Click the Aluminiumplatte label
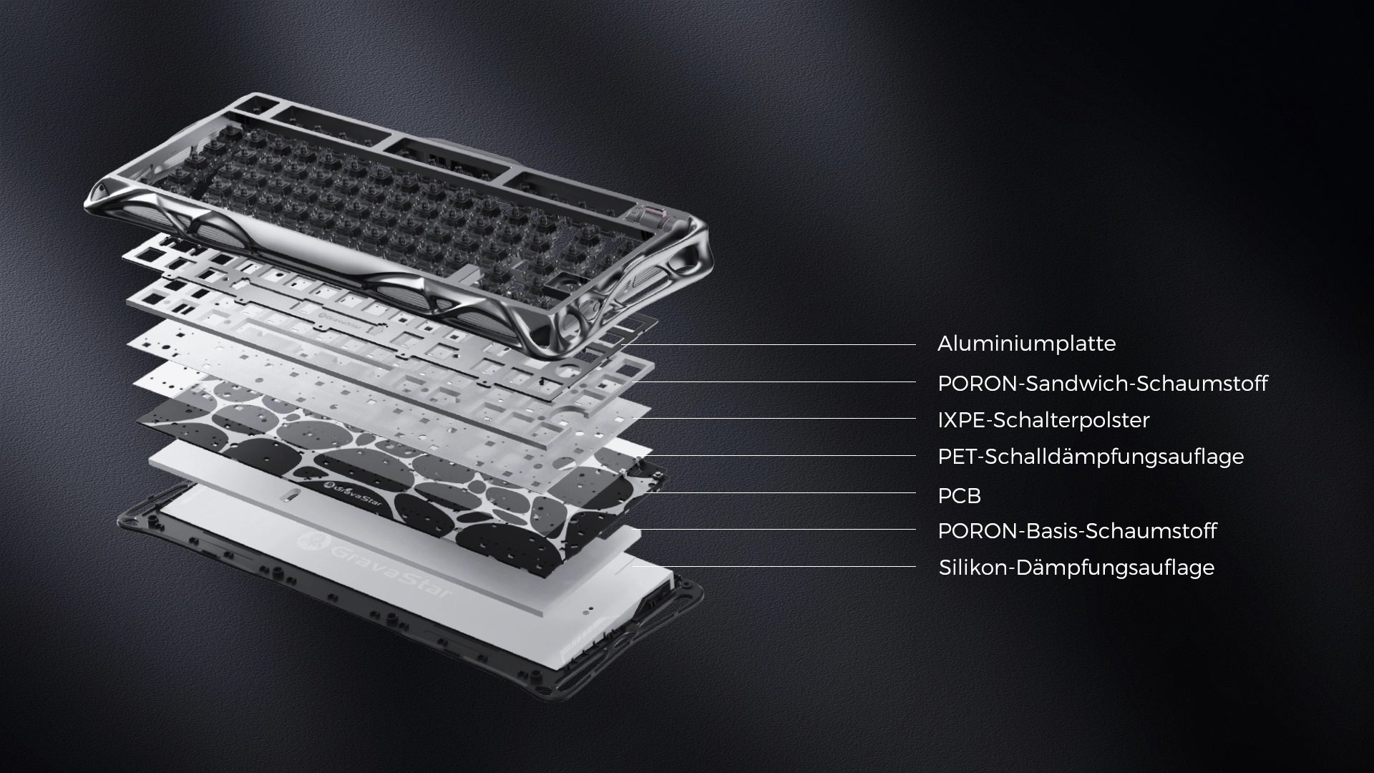coord(1026,344)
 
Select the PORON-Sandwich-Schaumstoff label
coord(1102,384)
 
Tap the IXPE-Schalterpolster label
coord(1043,420)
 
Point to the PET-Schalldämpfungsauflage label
coord(1091,457)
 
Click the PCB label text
coord(959,495)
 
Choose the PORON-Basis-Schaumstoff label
coord(1077,531)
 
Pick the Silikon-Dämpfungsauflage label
coord(1076,568)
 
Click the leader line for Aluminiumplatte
coord(769,344)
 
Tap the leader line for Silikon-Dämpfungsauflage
coord(773,566)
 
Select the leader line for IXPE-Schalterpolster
coord(777,419)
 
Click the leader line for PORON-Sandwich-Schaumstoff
coord(776,381)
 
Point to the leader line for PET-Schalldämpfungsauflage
coord(780,455)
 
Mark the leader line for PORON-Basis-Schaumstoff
coord(776,529)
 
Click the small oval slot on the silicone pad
coord(292,496)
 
